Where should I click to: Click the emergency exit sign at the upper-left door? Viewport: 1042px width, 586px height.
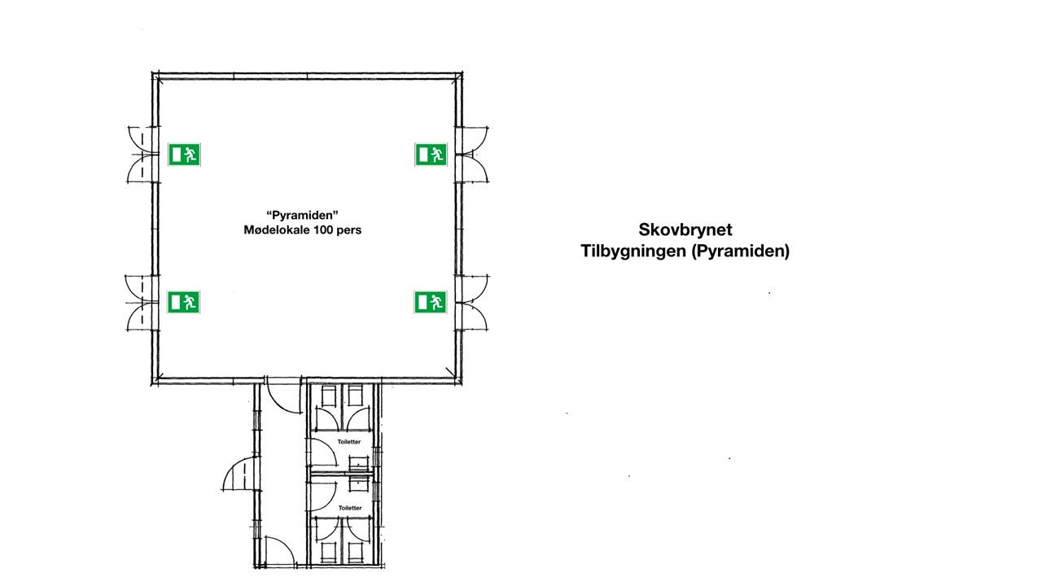coord(184,155)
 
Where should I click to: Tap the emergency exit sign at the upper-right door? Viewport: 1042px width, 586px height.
coord(431,155)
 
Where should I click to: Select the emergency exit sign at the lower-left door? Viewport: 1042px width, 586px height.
coord(183,302)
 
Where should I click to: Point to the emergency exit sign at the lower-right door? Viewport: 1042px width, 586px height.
coord(431,302)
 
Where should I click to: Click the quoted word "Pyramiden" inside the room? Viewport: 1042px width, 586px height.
coord(302,216)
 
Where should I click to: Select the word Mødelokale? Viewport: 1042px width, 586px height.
coord(278,230)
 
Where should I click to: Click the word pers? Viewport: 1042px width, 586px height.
coord(349,230)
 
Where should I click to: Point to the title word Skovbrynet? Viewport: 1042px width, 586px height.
coord(685,230)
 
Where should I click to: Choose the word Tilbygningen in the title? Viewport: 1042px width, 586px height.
coord(633,251)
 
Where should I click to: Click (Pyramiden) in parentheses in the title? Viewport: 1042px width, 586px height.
coord(741,251)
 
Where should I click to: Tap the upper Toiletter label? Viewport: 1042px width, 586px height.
coord(349,442)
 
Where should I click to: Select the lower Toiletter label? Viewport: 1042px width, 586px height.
coord(350,508)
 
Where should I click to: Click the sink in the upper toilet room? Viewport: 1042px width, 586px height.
coord(359,463)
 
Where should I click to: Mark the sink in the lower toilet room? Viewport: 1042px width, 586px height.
coord(359,483)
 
